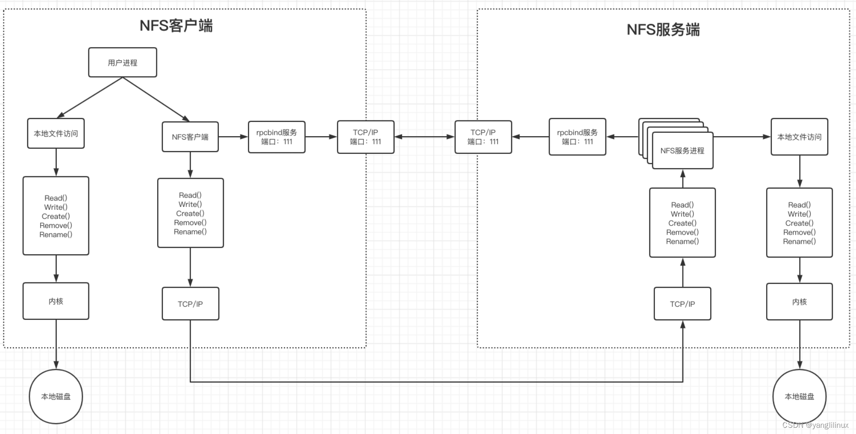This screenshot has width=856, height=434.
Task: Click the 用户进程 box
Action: pyautogui.click(x=122, y=62)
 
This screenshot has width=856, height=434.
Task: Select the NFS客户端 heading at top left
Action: pyautogui.click(x=176, y=25)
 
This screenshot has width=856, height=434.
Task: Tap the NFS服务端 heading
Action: pyautogui.click(x=663, y=30)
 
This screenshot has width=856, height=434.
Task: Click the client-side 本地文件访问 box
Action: pyautogui.click(x=56, y=133)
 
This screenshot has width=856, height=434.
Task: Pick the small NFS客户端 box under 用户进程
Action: pyautogui.click(x=190, y=137)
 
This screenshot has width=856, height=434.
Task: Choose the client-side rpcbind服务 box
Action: pyautogui.click(x=277, y=137)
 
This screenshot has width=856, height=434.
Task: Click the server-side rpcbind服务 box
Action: pyautogui.click(x=577, y=137)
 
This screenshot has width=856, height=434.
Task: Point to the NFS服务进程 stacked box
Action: pyautogui.click(x=682, y=150)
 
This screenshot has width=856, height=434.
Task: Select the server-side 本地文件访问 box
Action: pyautogui.click(x=799, y=137)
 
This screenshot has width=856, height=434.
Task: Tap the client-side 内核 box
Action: pyautogui.click(x=56, y=301)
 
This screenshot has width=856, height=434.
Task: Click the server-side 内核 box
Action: pyautogui.click(x=799, y=302)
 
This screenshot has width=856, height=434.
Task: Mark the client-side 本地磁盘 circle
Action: pyautogui.click(x=56, y=396)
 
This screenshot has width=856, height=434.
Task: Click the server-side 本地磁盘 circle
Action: pyautogui.click(x=799, y=396)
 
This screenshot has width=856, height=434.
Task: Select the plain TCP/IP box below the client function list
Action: pyautogui.click(x=190, y=304)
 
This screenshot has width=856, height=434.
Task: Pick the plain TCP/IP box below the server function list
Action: pyautogui.click(x=682, y=304)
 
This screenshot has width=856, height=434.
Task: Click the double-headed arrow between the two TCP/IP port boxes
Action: pyautogui.click(x=424, y=137)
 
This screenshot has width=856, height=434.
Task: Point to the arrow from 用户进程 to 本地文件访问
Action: pyautogui.click(x=90, y=98)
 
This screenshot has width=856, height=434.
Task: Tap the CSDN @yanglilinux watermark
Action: pyautogui.click(x=815, y=425)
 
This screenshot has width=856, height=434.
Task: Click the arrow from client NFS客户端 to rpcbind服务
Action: pyautogui.click(x=233, y=137)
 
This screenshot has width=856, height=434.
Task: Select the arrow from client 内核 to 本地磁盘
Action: pyautogui.click(x=56, y=345)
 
